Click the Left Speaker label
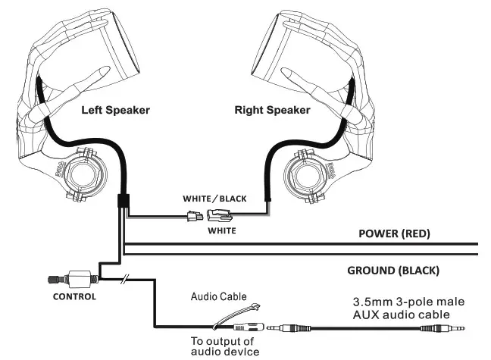pos(115,110)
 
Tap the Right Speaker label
pos(272,110)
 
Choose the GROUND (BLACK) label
pos(393,270)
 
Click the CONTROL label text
pos(73,296)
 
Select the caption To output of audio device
pos(224,346)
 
